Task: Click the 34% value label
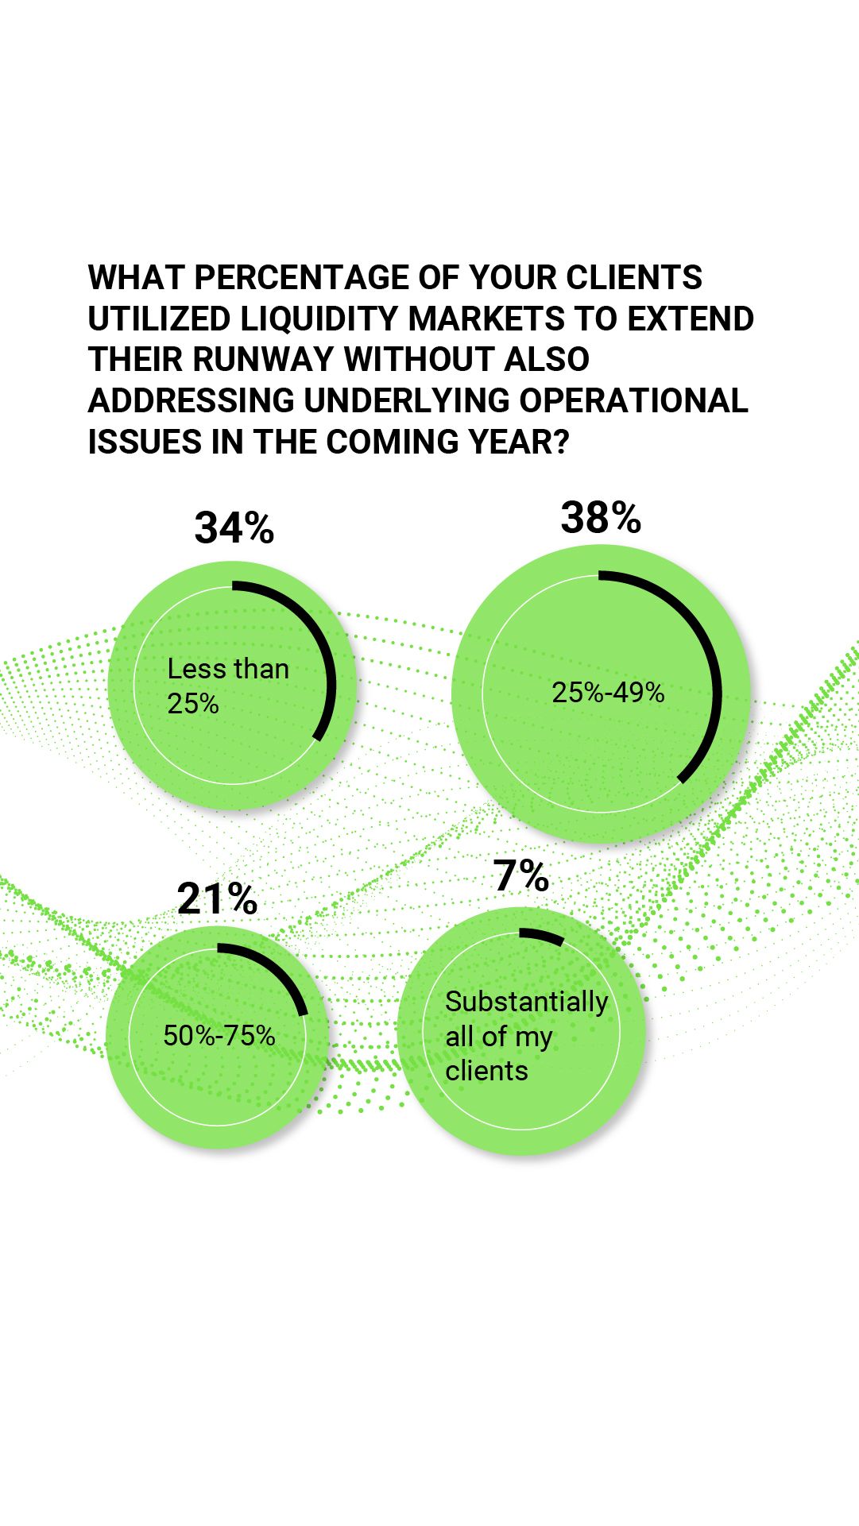[x=234, y=528]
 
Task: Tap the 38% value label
[x=601, y=518]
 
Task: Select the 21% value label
[x=217, y=899]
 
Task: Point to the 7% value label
[x=521, y=876]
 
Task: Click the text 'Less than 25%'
[x=228, y=686]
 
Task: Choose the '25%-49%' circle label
[x=608, y=693]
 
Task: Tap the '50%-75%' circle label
[x=219, y=1035]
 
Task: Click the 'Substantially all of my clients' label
[x=526, y=1036]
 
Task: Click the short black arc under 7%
[x=542, y=936]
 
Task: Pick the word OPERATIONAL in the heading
[x=634, y=400]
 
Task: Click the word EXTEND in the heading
[x=691, y=319]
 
